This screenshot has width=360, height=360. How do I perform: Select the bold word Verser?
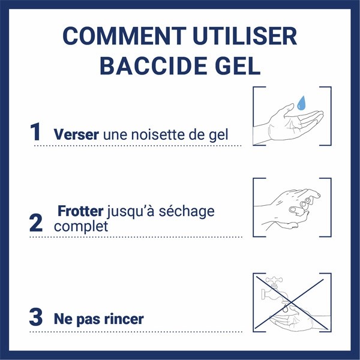coord(77,134)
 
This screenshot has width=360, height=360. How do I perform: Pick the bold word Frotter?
coord(81,212)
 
